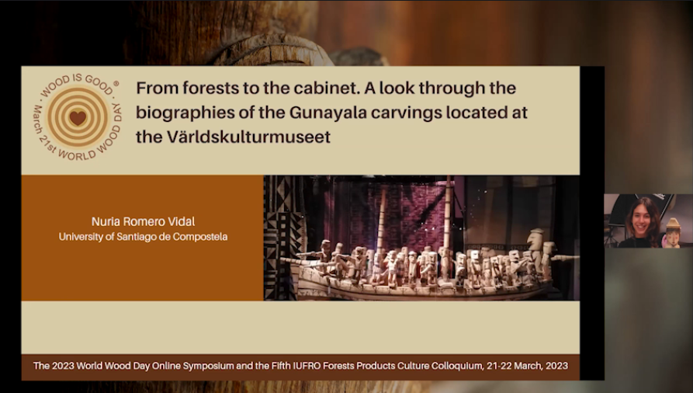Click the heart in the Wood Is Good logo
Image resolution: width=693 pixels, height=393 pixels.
click(78, 118)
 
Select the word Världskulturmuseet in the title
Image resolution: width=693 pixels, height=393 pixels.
click(249, 137)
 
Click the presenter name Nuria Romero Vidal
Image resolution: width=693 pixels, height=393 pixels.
click(144, 221)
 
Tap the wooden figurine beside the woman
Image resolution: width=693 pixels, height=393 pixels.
click(671, 233)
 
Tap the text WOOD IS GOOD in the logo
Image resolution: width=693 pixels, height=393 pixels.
click(78, 83)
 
